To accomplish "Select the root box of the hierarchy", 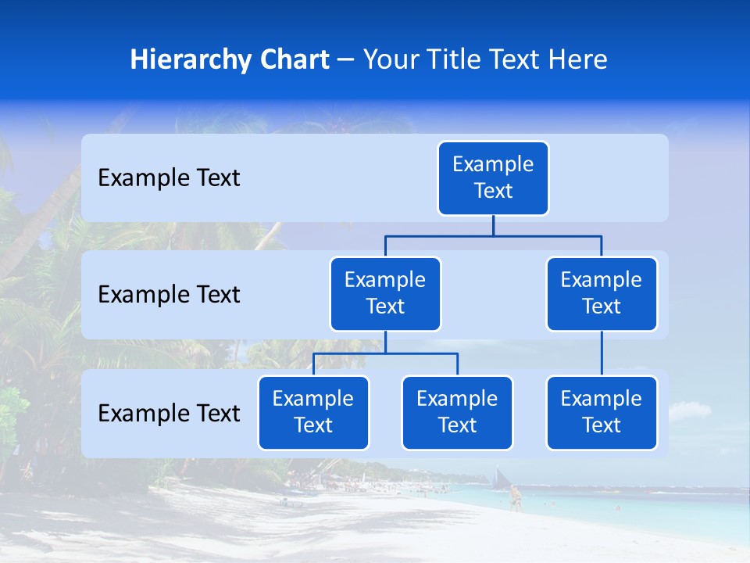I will point(493,178).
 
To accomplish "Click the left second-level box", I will point(385,294).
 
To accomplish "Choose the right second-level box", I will point(602,294).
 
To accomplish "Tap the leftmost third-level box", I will point(313,413).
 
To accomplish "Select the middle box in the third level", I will point(457,413).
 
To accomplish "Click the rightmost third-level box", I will point(602,413).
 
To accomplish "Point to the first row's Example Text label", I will point(169,178).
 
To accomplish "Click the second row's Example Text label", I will point(169,295).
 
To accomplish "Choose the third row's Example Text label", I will point(169,414).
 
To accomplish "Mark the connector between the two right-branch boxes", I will point(602,353).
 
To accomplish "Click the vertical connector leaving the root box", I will point(493,225).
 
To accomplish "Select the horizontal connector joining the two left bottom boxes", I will point(385,353).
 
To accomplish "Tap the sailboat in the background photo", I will point(499,476).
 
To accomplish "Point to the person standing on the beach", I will point(515,498).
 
